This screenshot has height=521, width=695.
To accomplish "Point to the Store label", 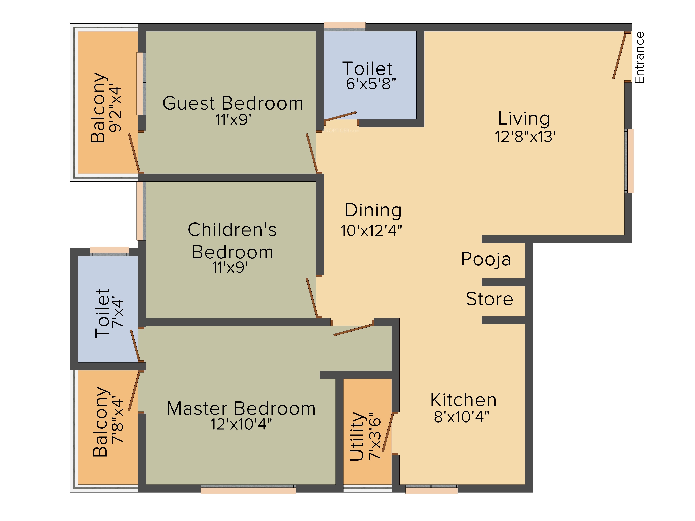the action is [x=489, y=299].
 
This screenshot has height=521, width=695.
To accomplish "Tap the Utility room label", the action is [x=358, y=437].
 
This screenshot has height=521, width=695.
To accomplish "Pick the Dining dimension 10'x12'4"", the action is [x=371, y=230].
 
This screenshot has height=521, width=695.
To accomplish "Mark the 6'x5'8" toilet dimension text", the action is [x=371, y=84].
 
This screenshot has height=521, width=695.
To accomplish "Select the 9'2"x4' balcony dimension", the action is [x=115, y=109].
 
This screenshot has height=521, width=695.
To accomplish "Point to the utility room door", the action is [x=388, y=433].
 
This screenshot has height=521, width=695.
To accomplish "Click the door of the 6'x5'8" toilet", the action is [x=341, y=116].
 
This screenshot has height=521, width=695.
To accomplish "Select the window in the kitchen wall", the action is [x=431, y=489].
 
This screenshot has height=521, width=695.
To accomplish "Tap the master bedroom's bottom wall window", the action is [x=248, y=489].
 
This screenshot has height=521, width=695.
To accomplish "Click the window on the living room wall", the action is [x=629, y=161].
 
